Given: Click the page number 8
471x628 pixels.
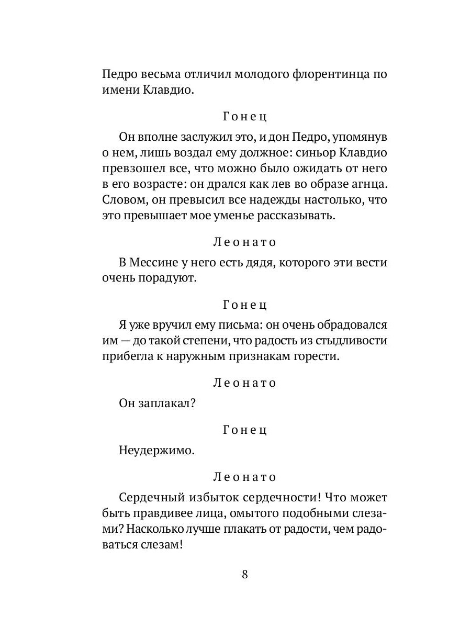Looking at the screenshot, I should click(244, 574).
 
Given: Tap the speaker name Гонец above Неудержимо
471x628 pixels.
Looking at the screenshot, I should click(244, 430).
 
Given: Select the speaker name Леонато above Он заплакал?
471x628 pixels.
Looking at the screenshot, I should click(244, 383).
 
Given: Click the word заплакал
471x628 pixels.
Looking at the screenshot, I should click(170, 404).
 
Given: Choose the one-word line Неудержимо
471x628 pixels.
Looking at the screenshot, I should click(156, 451).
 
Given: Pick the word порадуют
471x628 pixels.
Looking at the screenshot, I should click(172, 278).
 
